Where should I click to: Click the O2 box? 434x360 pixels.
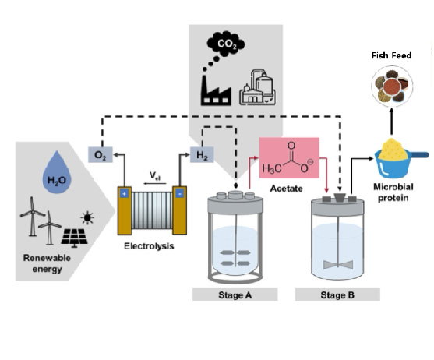(101, 155)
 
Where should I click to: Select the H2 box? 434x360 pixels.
(202, 155)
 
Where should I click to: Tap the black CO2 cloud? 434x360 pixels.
(226, 44)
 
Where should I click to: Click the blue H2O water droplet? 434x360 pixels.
(57, 172)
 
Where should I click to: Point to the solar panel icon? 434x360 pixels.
(74, 238)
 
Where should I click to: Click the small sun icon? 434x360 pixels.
(87, 217)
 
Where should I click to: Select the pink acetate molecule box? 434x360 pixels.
(289, 157)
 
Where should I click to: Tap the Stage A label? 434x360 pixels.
(235, 295)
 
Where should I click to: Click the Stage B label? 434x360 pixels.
(337, 295)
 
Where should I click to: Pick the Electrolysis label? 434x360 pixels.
(149, 246)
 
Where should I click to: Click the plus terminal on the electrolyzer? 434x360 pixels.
(124, 194)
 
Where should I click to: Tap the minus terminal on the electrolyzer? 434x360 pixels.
(180, 194)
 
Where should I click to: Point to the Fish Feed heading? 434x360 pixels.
(392, 55)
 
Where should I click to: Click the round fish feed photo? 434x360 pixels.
(392, 86)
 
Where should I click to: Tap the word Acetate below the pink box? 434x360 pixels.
(286, 189)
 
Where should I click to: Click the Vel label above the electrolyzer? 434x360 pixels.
(155, 175)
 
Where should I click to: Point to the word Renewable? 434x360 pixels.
(47, 258)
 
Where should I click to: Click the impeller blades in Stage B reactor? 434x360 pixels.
(337, 264)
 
